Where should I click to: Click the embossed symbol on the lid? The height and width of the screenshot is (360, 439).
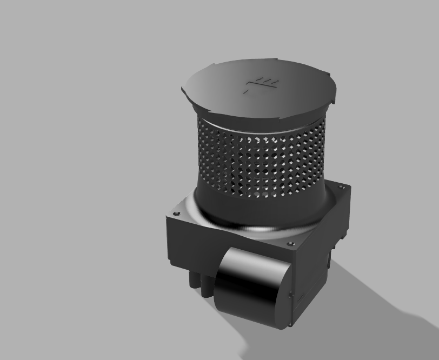click(x=262, y=85)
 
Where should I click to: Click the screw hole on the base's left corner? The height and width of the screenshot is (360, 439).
click(x=174, y=215)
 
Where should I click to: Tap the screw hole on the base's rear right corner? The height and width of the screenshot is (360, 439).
click(x=341, y=186)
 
